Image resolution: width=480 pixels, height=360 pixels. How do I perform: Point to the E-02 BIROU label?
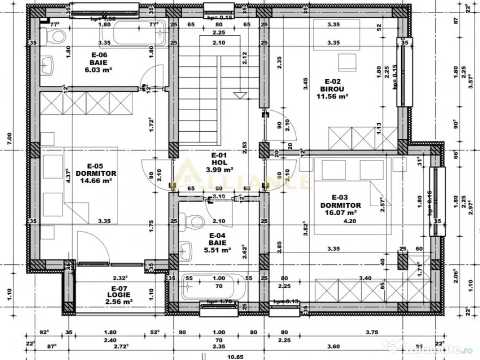click(x=333, y=84)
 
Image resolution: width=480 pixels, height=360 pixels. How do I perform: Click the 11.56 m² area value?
click(x=333, y=96)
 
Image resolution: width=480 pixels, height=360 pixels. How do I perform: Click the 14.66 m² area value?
click(x=98, y=180)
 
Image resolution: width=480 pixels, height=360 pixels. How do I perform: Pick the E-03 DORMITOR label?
click(x=340, y=201)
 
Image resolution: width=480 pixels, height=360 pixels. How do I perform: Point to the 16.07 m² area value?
click(x=340, y=212)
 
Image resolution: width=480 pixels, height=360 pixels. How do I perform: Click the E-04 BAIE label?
click(x=218, y=239)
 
